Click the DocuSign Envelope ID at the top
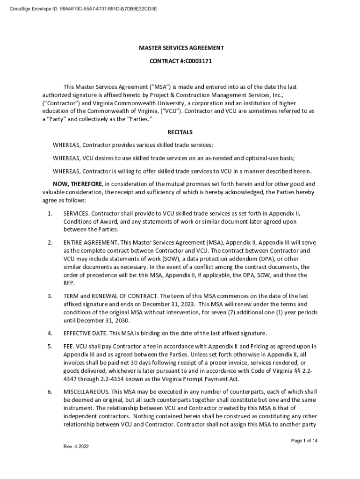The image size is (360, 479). tap(80, 8)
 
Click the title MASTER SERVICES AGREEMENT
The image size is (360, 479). tap(180, 48)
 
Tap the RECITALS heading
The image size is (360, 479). tap(180, 132)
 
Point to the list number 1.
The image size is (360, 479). tap(50, 213)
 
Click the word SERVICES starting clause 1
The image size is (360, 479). tap(76, 213)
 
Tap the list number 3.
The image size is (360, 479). tap(50, 296)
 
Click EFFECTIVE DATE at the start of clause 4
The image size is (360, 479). tap(85, 333)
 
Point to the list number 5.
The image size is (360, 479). tap(50, 346)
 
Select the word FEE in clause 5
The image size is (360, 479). tap(69, 346)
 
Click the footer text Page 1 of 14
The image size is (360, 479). tap(304, 441)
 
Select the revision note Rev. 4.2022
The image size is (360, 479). tap(76, 446)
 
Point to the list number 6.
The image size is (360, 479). tap(50, 392)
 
